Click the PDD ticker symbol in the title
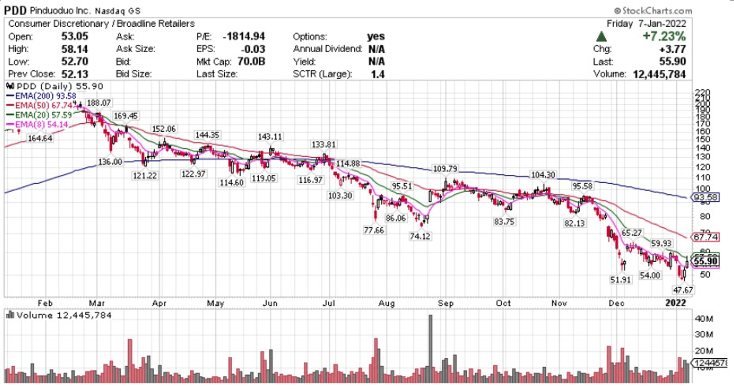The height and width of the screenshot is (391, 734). pyautogui.click(x=15, y=10)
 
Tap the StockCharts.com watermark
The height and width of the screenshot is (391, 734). pyautogui.click(x=653, y=11)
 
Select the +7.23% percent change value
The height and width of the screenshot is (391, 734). pyautogui.click(x=664, y=36)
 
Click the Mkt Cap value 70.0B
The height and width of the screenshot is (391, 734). pyautogui.click(x=251, y=62)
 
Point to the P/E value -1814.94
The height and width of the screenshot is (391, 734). pyautogui.click(x=244, y=37)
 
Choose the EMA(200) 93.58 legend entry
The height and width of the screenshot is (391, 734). pyautogui.click(x=42, y=96)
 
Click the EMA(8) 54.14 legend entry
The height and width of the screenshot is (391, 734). pyautogui.click(x=38, y=125)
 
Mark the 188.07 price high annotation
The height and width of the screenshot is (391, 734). pyautogui.click(x=99, y=103)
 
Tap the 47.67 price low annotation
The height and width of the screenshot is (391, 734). pyautogui.click(x=683, y=290)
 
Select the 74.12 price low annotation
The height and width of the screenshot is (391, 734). pyautogui.click(x=420, y=236)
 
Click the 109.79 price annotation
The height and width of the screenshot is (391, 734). pyautogui.click(x=445, y=169)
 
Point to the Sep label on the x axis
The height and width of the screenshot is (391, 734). pyautogui.click(x=446, y=303)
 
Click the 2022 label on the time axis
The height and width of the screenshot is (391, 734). pyautogui.click(x=675, y=303)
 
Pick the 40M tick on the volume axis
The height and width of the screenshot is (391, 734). pyautogui.click(x=704, y=319)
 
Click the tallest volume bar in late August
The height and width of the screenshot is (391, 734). pyautogui.click(x=430, y=348)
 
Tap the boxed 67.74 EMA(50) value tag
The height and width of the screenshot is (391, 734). pyautogui.click(x=706, y=237)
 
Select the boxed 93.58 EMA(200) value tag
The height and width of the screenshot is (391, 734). pyautogui.click(x=706, y=197)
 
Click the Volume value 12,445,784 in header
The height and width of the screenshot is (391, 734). pyautogui.click(x=659, y=74)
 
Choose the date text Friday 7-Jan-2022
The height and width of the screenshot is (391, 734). pyautogui.click(x=646, y=24)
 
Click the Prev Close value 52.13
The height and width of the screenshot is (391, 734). pyautogui.click(x=75, y=74)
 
